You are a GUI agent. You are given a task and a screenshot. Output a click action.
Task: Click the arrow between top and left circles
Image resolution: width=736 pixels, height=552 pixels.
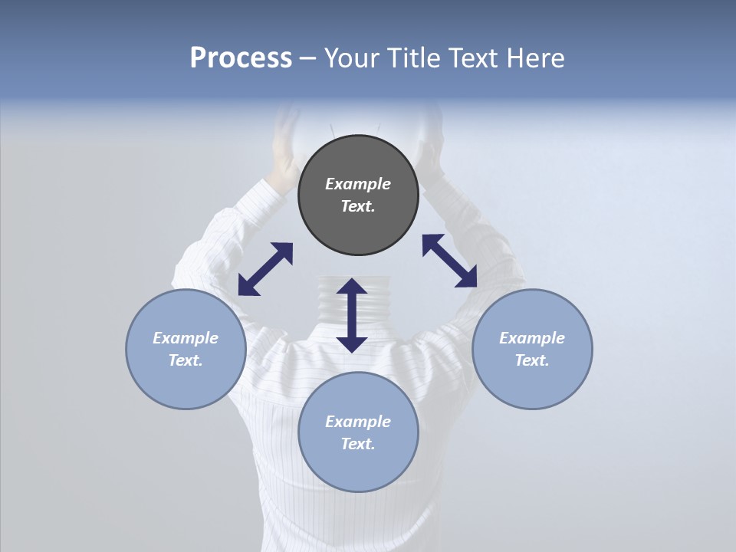(265, 269)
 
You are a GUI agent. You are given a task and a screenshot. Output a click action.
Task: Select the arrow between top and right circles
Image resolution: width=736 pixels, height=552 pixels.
(449, 261)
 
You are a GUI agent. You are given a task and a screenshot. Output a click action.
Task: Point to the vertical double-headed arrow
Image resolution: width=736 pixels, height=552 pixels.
(352, 315)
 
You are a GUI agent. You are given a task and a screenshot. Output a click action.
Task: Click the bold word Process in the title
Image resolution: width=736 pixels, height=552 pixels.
(241, 58)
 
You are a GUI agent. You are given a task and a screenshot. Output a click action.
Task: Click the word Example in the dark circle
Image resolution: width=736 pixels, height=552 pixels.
(358, 184)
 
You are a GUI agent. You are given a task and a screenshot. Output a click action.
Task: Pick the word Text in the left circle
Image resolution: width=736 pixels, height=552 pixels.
(186, 360)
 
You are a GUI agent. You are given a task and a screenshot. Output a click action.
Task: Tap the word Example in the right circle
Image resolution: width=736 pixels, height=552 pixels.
(532, 338)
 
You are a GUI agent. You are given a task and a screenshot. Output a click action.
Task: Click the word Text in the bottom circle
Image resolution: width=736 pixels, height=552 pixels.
(358, 444)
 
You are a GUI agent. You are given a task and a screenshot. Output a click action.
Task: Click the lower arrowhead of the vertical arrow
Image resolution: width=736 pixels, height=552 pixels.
(352, 344)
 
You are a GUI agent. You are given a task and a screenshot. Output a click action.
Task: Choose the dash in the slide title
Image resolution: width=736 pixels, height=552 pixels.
(308, 58)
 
